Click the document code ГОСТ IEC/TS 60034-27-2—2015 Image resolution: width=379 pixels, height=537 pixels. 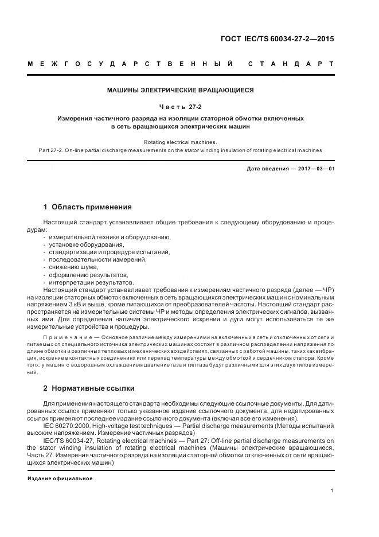coord(277,40)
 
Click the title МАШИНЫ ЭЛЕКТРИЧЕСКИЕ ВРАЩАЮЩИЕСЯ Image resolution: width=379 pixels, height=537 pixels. coord(180,90)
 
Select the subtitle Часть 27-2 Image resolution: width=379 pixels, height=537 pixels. coord(180,106)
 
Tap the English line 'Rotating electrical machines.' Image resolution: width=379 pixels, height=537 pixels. coord(180,142)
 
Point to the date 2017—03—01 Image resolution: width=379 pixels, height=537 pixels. coord(314,169)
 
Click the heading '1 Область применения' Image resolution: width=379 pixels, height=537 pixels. coord(87,207)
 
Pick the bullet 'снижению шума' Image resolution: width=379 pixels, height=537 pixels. coord(73,267)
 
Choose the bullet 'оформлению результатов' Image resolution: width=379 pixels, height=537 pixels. coord(84,274)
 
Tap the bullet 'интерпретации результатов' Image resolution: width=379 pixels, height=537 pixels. coord(91,282)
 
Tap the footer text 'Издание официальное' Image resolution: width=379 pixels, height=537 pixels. coord(59,478)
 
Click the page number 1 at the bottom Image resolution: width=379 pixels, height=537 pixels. coord(332,491)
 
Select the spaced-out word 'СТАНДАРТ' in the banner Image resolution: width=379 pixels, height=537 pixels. coord(291,63)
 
